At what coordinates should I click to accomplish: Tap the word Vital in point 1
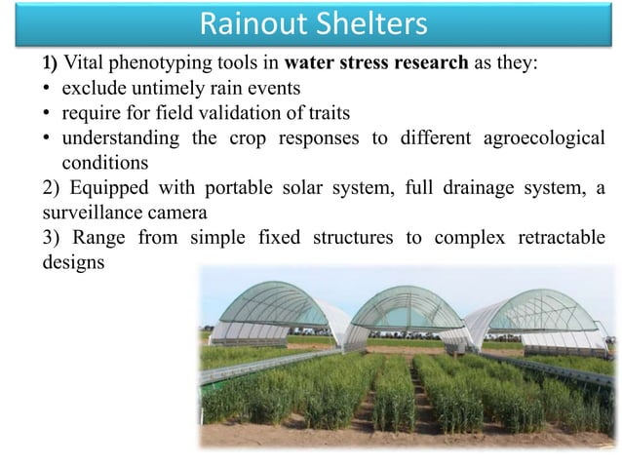coord(85,66)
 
